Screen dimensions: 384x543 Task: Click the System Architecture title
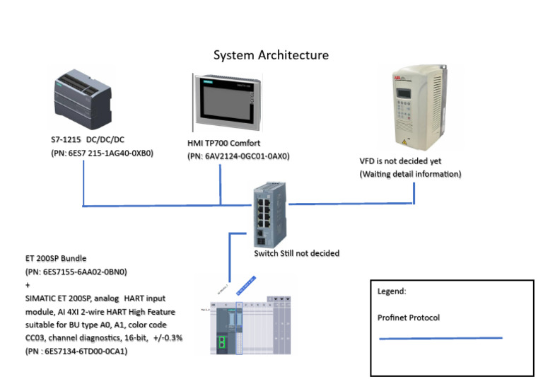point(271,55)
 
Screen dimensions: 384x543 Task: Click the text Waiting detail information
point(411,174)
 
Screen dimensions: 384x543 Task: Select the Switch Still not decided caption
point(297,252)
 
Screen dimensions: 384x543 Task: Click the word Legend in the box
point(392,291)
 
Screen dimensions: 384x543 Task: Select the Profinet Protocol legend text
point(409,318)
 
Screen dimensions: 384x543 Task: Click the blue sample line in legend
point(440,339)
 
